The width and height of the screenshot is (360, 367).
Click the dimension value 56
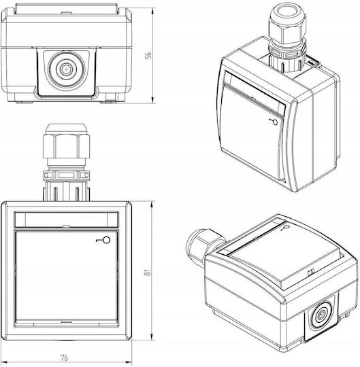point(148,55)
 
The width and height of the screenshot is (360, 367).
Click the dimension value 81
point(148,272)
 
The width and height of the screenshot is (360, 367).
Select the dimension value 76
point(65,358)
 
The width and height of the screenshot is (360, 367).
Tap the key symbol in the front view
point(103,240)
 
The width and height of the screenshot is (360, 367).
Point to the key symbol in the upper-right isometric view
point(274,122)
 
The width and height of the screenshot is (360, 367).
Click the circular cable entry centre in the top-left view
point(65,69)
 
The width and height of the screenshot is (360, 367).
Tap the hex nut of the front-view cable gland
point(66,146)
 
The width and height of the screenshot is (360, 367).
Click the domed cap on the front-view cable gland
point(65,129)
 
